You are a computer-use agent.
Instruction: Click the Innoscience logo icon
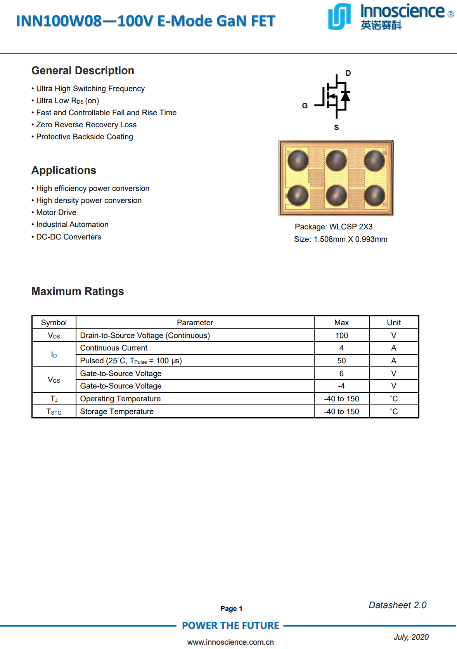[339, 16]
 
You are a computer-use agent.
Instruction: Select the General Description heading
[83, 71]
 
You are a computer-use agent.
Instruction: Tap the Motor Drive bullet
[56, 212]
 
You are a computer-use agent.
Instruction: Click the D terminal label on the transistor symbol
[348, 73]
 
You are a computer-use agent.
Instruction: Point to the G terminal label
[305, 106]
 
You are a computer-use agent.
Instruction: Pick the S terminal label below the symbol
[336, 127]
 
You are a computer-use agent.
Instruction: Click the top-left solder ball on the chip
[298, 160]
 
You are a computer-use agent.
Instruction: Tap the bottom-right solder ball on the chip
[374, 195]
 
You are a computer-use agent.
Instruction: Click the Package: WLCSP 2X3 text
[334, 227]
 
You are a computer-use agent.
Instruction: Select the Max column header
[341, 323]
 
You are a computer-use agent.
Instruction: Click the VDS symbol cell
[54, 335]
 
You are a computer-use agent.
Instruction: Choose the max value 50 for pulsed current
[341, 361]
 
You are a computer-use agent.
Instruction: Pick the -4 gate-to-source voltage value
[341, 386]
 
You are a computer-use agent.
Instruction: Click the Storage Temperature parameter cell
[117, 411]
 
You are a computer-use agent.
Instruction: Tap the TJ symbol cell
[54, 399]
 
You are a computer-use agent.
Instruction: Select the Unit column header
[394, 323]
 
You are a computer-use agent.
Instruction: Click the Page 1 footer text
[231, 609]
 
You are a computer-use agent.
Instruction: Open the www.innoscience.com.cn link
[230, 642]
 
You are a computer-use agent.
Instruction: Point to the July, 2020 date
[411, 637]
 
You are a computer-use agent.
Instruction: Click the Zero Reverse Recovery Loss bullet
[86, 125]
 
